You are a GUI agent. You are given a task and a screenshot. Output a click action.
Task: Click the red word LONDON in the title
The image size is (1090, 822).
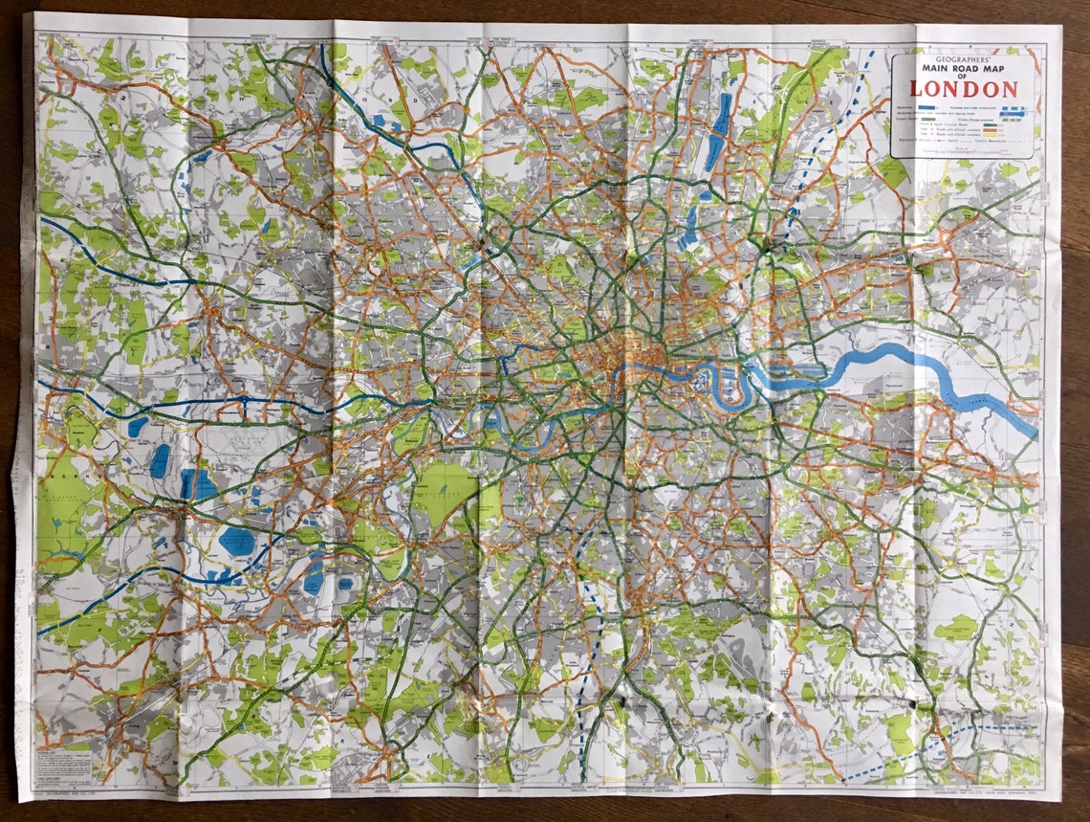(963, 90)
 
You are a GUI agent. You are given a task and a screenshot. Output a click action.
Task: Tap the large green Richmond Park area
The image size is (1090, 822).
(445, 493)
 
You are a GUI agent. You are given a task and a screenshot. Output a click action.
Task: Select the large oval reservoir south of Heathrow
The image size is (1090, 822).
(236, 542)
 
